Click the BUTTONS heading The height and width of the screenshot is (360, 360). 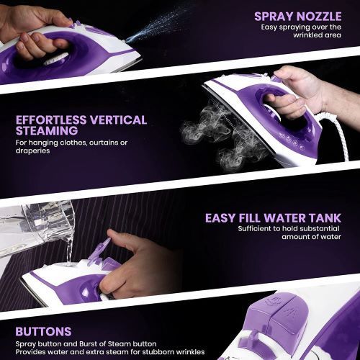(42, 332)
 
